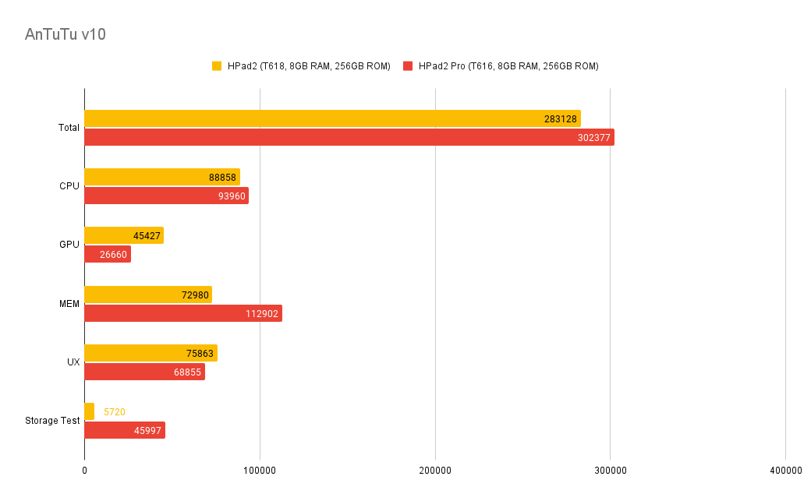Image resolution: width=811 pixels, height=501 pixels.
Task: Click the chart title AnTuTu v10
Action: (66, 34)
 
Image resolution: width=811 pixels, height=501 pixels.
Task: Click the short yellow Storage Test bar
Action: (89, 411)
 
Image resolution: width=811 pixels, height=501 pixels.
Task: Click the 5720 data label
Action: (114, 411)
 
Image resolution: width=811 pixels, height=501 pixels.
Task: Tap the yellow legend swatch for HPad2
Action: (217, 66)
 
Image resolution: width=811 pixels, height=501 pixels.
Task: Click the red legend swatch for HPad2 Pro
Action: (408, 66)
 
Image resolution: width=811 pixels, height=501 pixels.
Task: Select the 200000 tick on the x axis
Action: (435, 471)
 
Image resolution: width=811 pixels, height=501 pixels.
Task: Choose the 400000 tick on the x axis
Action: (785, 471)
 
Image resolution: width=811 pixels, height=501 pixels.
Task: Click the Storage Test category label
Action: (52, 421)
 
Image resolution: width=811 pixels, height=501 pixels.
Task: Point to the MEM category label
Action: (69, 304)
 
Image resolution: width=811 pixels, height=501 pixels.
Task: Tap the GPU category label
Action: (69, 245)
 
